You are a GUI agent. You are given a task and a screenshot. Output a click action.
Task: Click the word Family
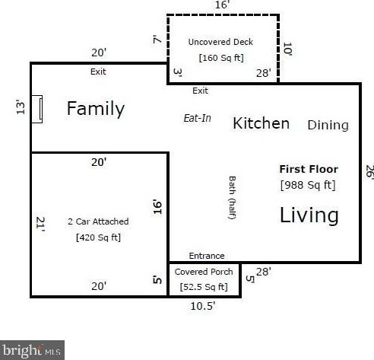[96, 109]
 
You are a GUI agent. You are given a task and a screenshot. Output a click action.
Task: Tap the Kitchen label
[261, 123]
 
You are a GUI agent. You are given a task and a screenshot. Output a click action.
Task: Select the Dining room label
[328, 126]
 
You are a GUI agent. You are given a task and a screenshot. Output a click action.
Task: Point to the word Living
[309, 215]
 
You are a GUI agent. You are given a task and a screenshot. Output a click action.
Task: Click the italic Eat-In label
[198, 118]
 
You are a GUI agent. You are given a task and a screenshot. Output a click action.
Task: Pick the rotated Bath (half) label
[232, 198]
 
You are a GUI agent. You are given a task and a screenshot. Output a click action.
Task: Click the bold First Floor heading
[309, 169]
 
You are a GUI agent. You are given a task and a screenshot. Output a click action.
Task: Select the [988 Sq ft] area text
[308, 185]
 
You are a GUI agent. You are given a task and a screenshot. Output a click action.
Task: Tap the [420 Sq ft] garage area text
[98, 237]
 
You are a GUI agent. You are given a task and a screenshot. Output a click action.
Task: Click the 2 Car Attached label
[98, 221]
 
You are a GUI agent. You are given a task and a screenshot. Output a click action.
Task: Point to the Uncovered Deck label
[220, 42]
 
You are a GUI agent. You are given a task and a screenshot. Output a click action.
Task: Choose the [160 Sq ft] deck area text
[221, 58]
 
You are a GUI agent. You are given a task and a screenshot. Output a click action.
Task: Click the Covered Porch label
[204, 272]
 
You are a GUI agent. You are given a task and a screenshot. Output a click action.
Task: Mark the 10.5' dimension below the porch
[203, 306]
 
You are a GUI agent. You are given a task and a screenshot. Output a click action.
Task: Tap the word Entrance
[207, 256]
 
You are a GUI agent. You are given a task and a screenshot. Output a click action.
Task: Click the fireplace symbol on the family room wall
[37, 110]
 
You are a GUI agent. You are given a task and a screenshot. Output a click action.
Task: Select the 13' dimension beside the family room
[21, 107]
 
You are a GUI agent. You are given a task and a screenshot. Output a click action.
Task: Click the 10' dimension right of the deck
[287, 49]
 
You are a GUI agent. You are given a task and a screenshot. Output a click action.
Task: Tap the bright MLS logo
[32, 350]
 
